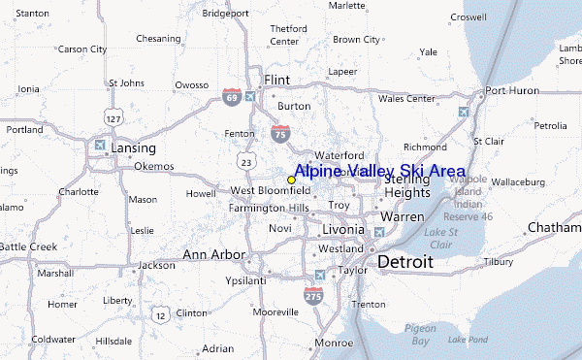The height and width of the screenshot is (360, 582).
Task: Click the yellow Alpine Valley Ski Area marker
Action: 291,180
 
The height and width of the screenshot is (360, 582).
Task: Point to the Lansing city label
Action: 133,147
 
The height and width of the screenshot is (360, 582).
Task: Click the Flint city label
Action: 277,80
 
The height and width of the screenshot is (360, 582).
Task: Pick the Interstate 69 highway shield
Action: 230,97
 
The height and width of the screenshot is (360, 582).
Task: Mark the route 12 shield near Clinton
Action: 160,313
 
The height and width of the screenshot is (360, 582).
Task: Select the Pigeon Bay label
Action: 420,335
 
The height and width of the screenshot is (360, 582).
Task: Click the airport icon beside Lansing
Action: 100,147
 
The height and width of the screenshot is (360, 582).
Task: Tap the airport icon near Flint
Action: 251,96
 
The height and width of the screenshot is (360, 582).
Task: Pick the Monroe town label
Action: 333,343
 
